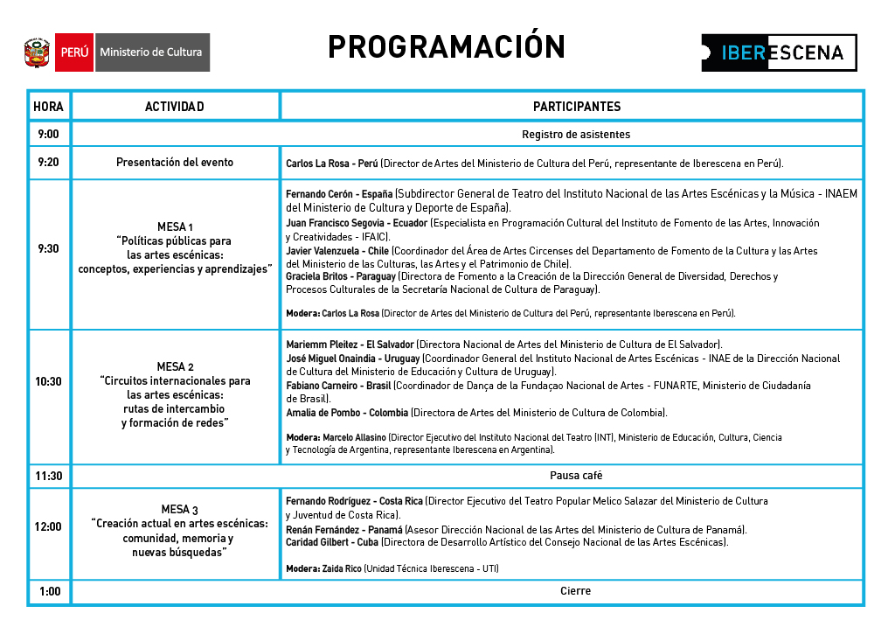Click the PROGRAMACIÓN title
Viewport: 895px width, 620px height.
pyautogui.click(x=447, y=47)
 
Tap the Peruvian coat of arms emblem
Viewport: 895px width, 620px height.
pyautogui.click(x=38, y=52)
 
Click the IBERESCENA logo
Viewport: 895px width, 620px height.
pyautogui.click(x=779, y=52)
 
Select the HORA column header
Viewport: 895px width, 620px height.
pyautogui.click(x=48, y=107)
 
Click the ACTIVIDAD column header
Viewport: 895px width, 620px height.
pyautogui.click(x=175, y=107)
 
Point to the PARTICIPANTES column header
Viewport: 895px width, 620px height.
pyautogui.click(x=576, y=107)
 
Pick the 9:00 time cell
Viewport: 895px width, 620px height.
pyautogui.click(x=48, y=134)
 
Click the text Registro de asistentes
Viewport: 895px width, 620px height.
pyautogui.click(x=576, y=134)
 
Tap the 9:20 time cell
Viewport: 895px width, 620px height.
pyautogui.click(x=48, y=163)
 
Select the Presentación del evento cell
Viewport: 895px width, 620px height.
pyautogui.click(x=175, y=163)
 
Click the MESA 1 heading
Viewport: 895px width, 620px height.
pyautogui.click(x=175, y=226)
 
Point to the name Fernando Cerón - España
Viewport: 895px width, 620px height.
pyautogui.click(x=339, y=194)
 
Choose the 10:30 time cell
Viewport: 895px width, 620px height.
pyautogui.click(x=48, y=382)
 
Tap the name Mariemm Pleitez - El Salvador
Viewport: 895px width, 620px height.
pyautogui.click(x=350, y=345)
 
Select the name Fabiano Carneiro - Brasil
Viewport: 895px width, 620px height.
pyautogui.click(x=338, y=386)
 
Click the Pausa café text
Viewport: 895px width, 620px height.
pyautogui.click(x=576, y=476)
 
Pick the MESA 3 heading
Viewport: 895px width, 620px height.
pyautogui.click(x=179, y=510)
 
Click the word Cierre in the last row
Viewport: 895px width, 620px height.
pyautogui.click(x=576, y=591)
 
